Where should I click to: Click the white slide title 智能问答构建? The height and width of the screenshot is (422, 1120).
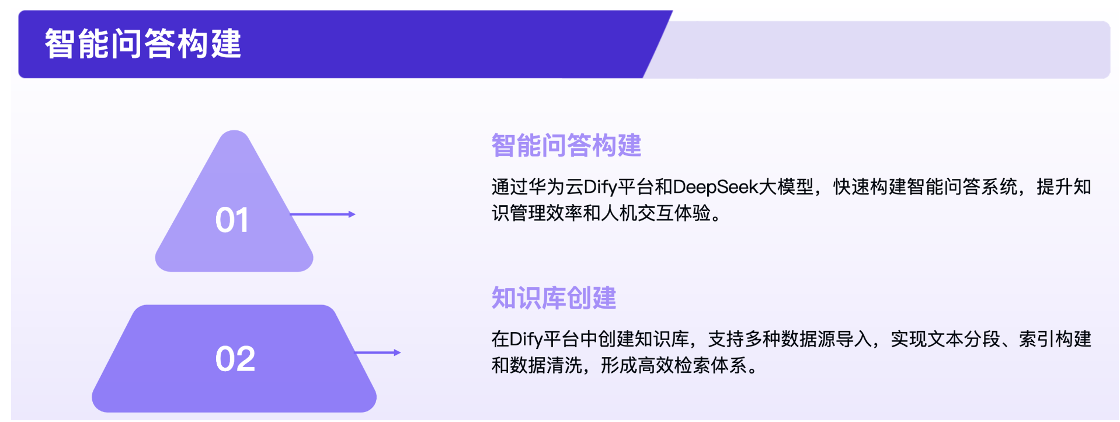click(143, 44)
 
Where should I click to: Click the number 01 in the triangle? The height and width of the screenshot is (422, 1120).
click(232, 220)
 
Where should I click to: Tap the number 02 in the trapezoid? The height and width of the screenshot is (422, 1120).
click(235, 358)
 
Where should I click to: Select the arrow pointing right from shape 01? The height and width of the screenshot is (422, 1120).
click(323, 215)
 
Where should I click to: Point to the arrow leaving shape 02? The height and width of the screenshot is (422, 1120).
click(378, 352)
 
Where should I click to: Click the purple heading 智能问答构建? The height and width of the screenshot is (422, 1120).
click(566, 146)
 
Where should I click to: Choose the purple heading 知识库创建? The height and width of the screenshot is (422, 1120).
click(554, 298)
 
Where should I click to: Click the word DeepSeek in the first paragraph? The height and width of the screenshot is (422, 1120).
click(715, 187)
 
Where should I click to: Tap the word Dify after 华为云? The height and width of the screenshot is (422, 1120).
click(600, 187)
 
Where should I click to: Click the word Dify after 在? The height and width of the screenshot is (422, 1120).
click(527, 339)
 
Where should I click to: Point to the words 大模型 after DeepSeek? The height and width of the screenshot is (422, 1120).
click(786, 187)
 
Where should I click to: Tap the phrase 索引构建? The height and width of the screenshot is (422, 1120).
click(1055, 339)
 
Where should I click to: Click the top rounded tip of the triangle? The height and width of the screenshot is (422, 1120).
click(234, 132)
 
